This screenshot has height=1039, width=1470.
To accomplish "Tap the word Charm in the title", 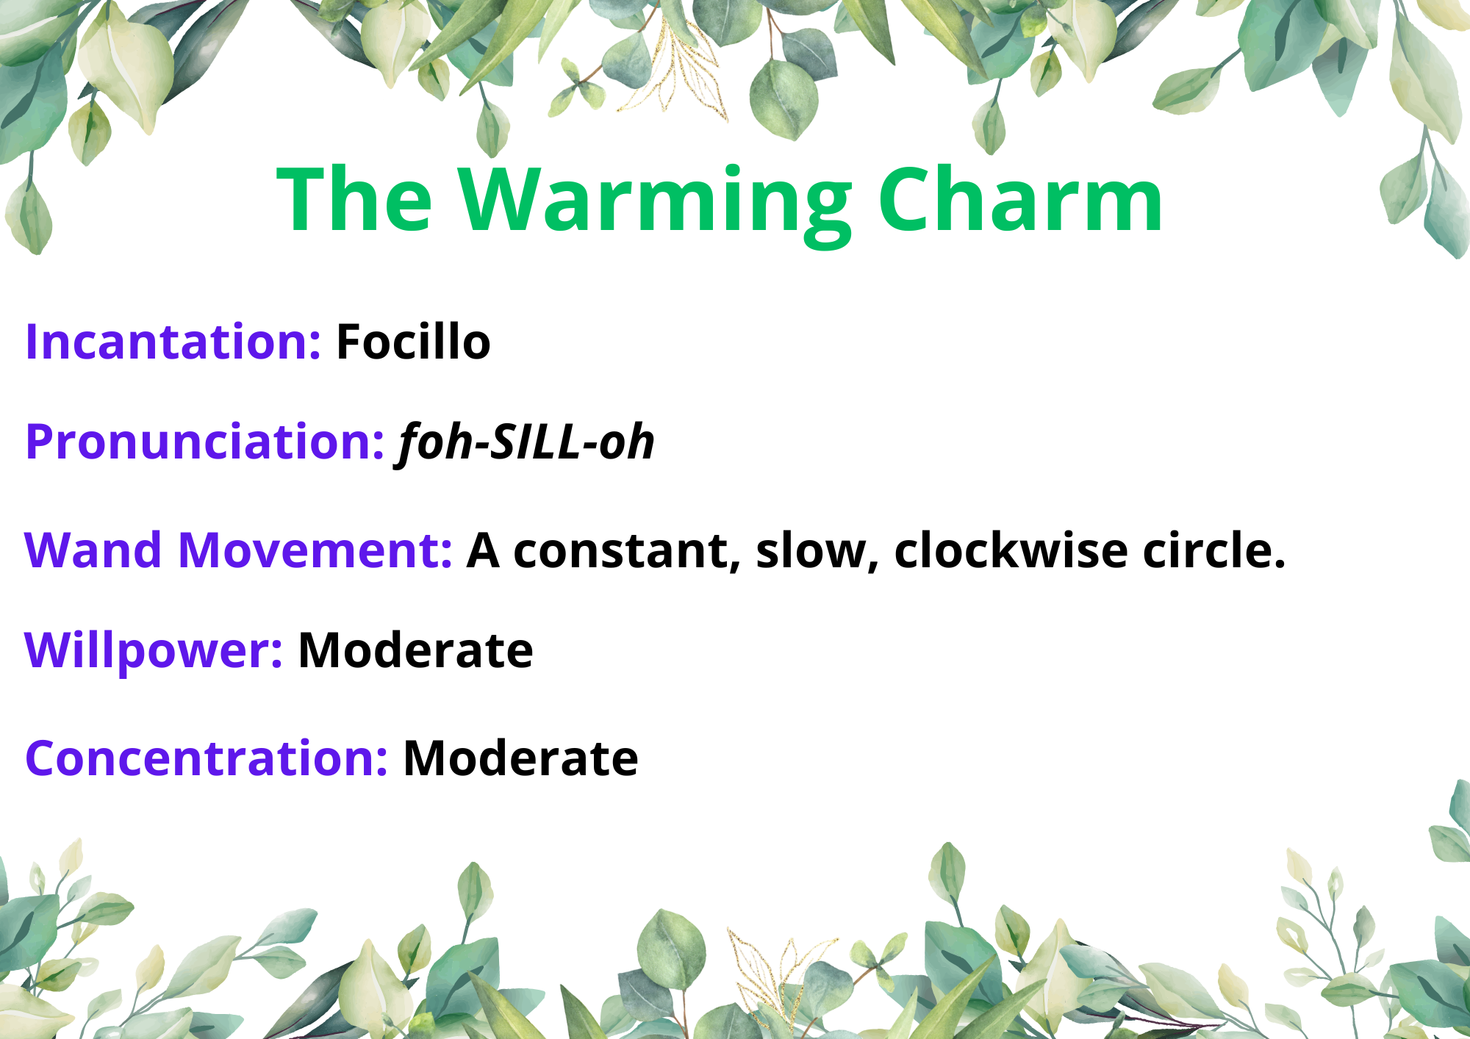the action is [1020, 199].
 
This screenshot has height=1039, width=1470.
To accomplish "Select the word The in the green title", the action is [355, 199].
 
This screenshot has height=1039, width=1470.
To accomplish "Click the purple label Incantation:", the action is [173, 342].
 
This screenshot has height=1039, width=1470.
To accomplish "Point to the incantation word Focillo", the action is [413, 342].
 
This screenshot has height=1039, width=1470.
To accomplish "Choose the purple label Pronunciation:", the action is [205, 442].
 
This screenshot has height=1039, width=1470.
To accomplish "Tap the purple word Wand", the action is [93, 550].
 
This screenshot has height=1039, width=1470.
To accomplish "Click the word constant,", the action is [626, 552].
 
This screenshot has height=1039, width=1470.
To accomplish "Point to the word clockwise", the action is [1011, 550].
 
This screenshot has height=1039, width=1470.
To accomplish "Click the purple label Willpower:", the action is [153, 652].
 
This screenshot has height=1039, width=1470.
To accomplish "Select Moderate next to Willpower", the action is [415, 650].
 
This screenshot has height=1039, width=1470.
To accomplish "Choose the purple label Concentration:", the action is [207, 758].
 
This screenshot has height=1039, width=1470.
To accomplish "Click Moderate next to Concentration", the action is [521, 758].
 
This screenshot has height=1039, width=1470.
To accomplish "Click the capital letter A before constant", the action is [483, 550].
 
